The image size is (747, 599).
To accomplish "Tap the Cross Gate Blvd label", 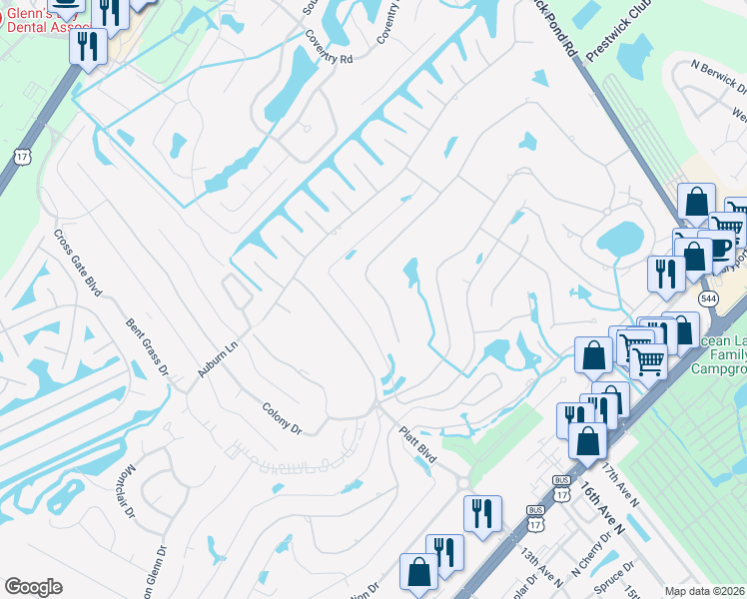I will pyautogui.click(x=78, y=263).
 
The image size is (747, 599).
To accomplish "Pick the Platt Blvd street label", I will pyautogui.click(x=417, y=445).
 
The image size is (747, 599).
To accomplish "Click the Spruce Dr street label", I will pyautogui.click(x=607, y=577).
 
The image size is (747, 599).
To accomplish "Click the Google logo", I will pyautogui.click(x=33, y=587).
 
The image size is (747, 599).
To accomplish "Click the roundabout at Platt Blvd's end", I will pyautogui.click(x=465, y=483).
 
